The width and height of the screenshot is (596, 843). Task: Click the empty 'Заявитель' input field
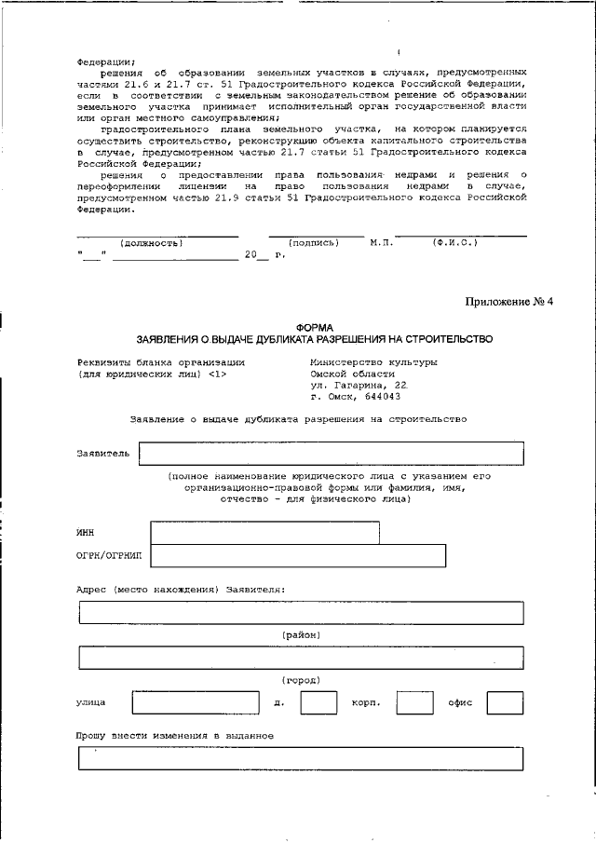tap(331, 453)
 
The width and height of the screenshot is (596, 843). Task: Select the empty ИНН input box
tap(264, 532)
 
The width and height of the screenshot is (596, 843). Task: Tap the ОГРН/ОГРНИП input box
tap(297, 556)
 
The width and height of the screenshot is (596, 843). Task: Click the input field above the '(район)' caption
tap(301, 612)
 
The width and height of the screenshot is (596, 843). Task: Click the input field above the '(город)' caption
tap(301, 658)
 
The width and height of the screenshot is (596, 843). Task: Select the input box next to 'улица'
tap(196, 702)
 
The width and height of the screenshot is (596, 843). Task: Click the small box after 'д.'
tap(318, 702)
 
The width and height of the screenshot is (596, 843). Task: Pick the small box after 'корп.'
tap(414, 702)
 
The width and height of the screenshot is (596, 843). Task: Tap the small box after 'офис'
tap(505, 702)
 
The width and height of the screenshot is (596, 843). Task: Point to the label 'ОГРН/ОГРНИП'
tap(108, 556)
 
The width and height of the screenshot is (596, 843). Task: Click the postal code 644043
tap(366, 395)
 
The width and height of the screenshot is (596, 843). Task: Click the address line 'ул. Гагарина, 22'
tap(358, 384)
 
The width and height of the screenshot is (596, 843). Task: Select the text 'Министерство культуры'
tap(372, 361)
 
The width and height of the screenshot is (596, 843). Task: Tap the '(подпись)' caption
tap(313, 242)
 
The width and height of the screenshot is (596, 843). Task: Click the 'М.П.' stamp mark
tap(381, 242)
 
